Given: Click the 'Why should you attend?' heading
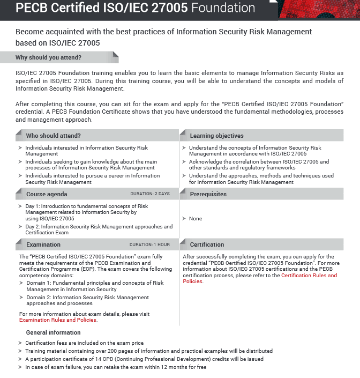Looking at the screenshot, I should tap(48, 57).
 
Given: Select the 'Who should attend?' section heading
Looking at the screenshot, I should tap(53, 136).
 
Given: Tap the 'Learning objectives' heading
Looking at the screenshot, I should tap(216, 136).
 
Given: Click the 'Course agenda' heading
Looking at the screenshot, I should tap(47, 194).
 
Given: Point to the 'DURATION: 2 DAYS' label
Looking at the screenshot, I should tap(149, 194).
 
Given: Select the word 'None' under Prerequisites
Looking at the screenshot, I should tap(196, 219).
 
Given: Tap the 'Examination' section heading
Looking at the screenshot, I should tap(43, 244).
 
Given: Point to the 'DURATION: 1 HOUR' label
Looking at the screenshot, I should tap(149, 244).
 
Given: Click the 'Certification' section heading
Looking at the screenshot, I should tap(207, 244).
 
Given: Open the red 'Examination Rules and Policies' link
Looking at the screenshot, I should tap(58, 320).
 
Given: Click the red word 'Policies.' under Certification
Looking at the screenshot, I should tap(193, 281).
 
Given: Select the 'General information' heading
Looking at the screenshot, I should tap(53, 332).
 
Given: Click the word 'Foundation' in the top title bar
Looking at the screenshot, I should tap(223, 8).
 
